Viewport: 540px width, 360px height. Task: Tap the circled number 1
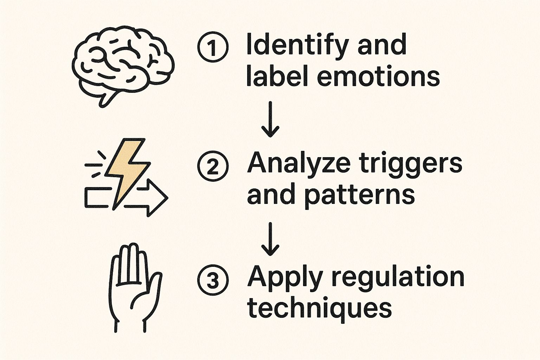pos(213,47)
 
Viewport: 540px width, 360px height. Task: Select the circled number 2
pos(213,166)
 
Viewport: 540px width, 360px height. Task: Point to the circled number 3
pos(213,280)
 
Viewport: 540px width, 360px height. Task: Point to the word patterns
pos(359,195)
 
